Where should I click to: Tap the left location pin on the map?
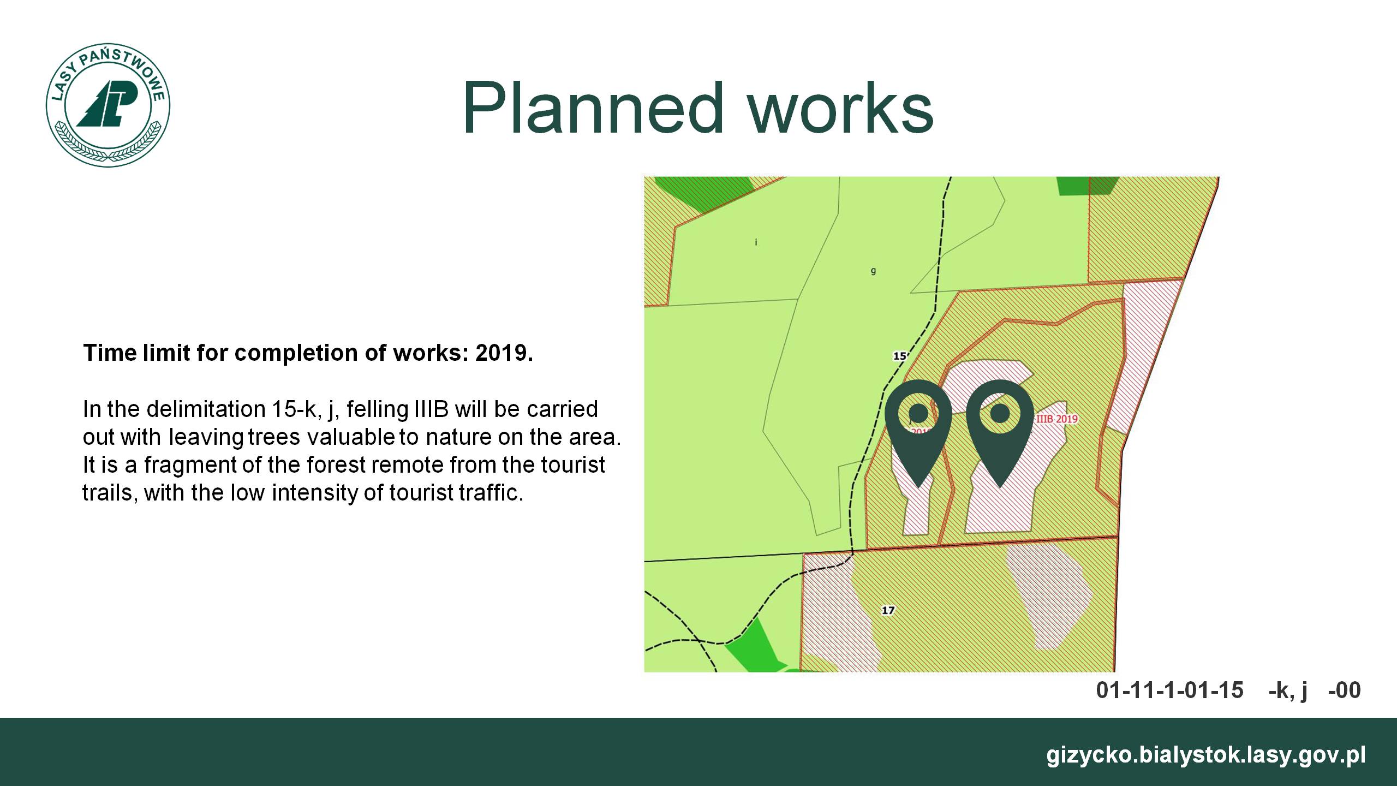coord(918,431)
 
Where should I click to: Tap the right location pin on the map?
coord(1000,431)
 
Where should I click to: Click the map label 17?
coord(888,610)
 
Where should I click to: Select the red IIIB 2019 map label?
coord(1057,419)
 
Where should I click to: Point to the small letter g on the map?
coord(873,271)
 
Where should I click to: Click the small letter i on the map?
coord(756,242)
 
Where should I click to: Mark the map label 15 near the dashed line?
coord(899,356)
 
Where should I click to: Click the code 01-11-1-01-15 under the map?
coord(1169,690)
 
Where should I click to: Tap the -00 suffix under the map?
coord(1344,690)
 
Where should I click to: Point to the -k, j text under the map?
coord(1288,691)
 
